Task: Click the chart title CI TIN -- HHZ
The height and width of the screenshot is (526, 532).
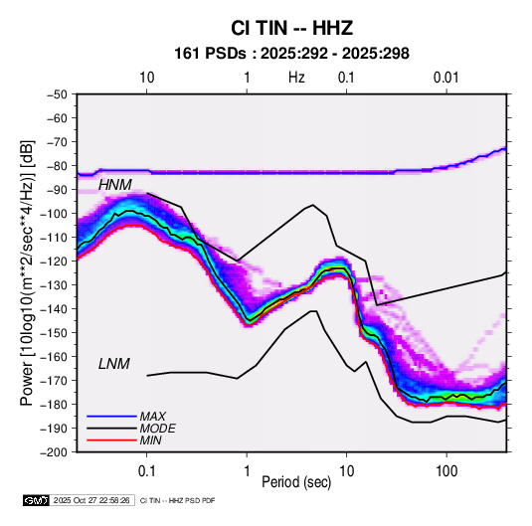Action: click(x=291, y=28)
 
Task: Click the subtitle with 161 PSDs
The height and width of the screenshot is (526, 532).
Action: click(x=291, y=54)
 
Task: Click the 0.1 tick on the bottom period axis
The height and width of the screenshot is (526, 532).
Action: click(x=146, y=471)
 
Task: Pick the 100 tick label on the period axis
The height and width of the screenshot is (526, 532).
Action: click(x=446, y=471)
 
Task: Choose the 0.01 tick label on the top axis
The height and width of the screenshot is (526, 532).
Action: click(x=446, y=78)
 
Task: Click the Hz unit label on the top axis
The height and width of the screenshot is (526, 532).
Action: click(x=296, y=78)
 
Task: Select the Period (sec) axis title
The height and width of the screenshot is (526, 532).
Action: click(x=296, y=482)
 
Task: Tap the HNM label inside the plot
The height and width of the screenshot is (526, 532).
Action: click(x=115, y=185)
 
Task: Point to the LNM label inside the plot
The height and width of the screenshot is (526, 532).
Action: click(x=114, y=364)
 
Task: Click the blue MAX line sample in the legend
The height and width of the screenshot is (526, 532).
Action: click(x=111, y=416)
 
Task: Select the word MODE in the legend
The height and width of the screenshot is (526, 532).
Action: click(x=158, y=429)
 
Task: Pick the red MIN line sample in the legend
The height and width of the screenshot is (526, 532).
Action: click(x=111, y=440)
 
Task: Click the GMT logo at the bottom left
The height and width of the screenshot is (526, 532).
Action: click(x=37, y=500)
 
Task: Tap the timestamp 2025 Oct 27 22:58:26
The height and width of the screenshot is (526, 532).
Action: click(x=91, y=500)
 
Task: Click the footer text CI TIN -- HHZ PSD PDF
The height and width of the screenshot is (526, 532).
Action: click(x=177, y=500)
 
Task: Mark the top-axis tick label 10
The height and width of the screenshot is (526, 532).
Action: click(x=147, y=78)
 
